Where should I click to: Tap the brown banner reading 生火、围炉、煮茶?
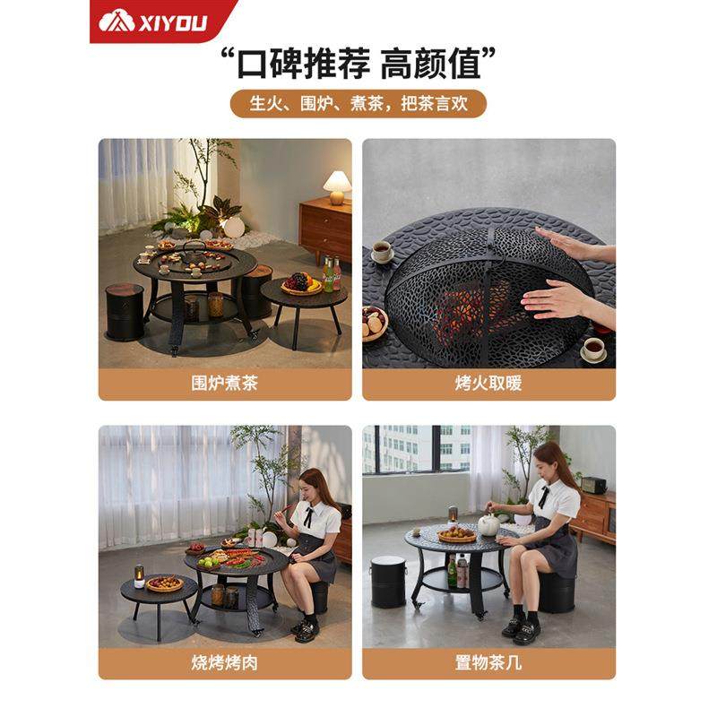point(358,103)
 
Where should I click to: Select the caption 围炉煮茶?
point(224,384)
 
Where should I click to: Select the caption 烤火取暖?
point(488,384)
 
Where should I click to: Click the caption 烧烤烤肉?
point(224,663)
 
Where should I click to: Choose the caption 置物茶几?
point(488,663)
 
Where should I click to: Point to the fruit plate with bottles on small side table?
point(305,283)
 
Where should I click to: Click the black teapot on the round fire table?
point(194,252)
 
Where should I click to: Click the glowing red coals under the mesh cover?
point(475,309)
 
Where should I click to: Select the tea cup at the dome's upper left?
point(383,252)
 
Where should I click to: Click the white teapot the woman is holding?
point(489,524)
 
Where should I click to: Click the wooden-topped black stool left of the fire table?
point(125,309)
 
